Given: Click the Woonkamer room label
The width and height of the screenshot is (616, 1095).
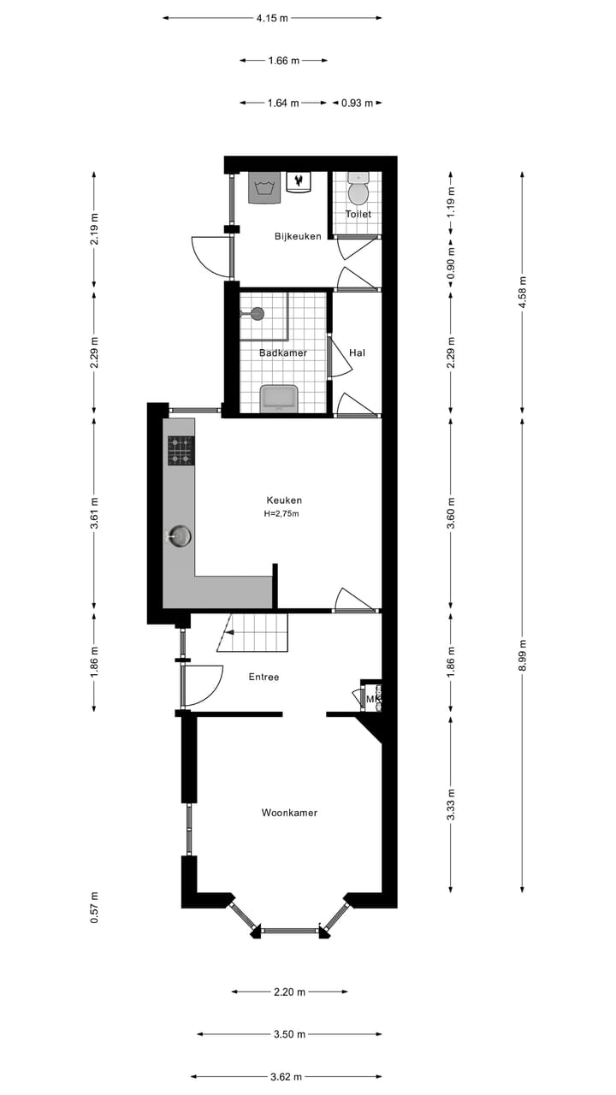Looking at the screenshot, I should (x=289, y=813).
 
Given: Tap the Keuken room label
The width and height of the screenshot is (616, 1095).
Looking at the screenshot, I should (x=284, y=500).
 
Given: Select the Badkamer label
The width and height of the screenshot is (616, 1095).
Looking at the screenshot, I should (x=282, y=352).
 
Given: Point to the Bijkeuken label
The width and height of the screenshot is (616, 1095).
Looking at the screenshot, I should (x=298, y=236).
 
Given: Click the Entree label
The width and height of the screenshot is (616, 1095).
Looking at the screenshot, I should (x=264, y=677).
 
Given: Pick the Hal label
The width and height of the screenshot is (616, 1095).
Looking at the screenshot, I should (x=358, y=352).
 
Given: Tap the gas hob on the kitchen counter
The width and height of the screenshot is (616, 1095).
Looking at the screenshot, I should (x=181, y=450).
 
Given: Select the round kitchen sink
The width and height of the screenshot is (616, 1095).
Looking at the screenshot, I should (x=179, y=536).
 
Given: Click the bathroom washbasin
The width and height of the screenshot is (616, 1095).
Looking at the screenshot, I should (x=278, y=398).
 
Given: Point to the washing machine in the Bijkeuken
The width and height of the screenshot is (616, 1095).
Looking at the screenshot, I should (x=264, y=186).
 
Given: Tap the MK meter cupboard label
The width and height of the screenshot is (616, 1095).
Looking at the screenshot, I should (x=371, y=700).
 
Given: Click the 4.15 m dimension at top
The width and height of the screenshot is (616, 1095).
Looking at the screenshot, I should (x=272, y=17).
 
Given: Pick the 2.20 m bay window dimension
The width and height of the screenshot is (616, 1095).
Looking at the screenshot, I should (x=289, y=992).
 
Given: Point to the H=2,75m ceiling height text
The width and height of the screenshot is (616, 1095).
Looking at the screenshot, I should (x=281, y=514).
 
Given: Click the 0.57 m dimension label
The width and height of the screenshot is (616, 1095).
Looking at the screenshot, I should (x=94, y=907).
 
